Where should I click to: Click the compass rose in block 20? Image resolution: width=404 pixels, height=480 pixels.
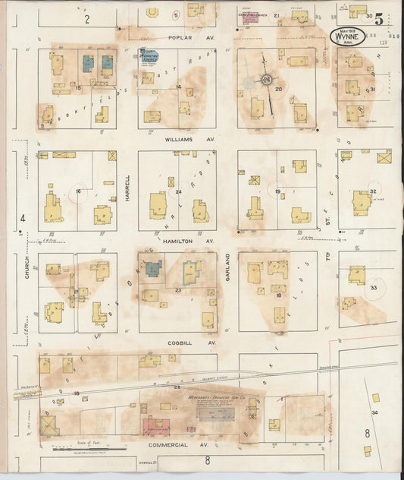266,80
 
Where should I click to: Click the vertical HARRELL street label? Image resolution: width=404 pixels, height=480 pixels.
127,189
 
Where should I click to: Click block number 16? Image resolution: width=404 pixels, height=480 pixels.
78,191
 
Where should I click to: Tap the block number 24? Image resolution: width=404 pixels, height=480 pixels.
179,191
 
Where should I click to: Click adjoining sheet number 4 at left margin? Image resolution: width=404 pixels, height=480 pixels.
23,219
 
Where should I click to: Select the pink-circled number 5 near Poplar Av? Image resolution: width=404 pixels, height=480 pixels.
176,14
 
